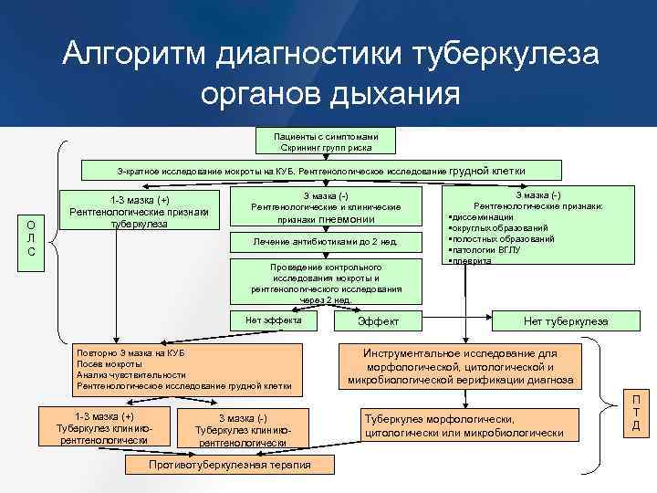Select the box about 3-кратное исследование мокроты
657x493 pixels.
(x=318, y=171)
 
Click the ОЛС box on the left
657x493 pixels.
(x=31, y=238)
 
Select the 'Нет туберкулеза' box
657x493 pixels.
(x=566, y=321)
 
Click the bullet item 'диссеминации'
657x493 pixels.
(x=482, y=217)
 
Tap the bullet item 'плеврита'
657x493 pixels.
(x=473, y=260)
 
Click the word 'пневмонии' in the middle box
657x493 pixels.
(x=343, y=219)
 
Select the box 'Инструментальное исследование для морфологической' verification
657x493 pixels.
(x=460, y=365)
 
